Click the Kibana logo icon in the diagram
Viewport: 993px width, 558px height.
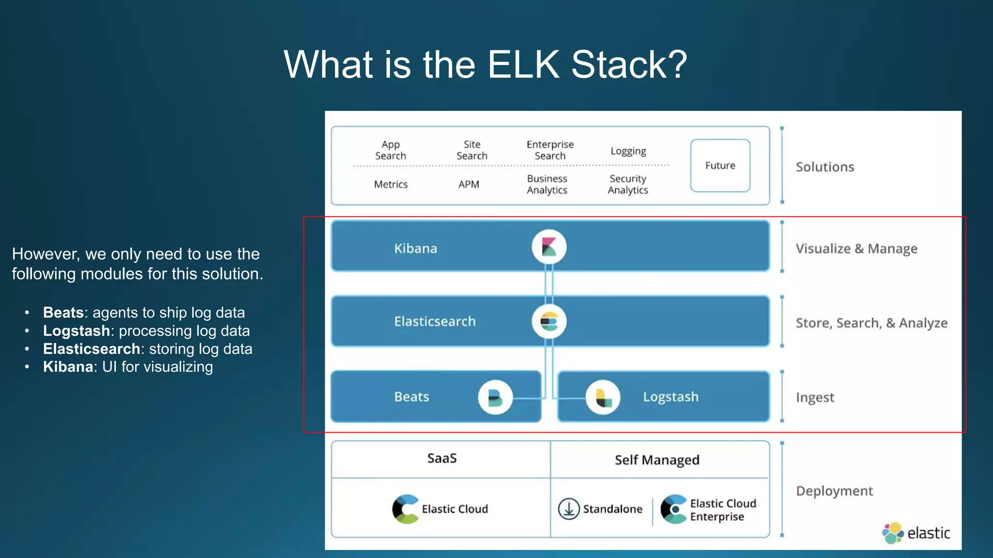549,247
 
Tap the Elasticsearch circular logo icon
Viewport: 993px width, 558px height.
549,321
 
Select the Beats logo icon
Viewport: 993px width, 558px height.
495,398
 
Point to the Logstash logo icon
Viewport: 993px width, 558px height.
603,398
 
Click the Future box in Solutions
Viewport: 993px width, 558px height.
720,166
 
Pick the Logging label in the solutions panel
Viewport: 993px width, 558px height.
628,151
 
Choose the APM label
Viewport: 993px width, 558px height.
468,185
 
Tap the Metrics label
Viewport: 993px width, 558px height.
391,185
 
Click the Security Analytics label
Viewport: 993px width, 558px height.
628,185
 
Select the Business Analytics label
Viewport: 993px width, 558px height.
547,185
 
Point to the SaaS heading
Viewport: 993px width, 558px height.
442,458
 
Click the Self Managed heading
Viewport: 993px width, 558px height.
657,460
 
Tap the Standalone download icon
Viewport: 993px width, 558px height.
569,509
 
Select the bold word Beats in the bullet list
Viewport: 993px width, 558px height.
64,312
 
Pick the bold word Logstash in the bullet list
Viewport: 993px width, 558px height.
77,331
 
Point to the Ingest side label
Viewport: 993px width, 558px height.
815,398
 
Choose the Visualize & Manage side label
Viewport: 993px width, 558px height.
856,248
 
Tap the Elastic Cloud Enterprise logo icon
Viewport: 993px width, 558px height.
673,509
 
